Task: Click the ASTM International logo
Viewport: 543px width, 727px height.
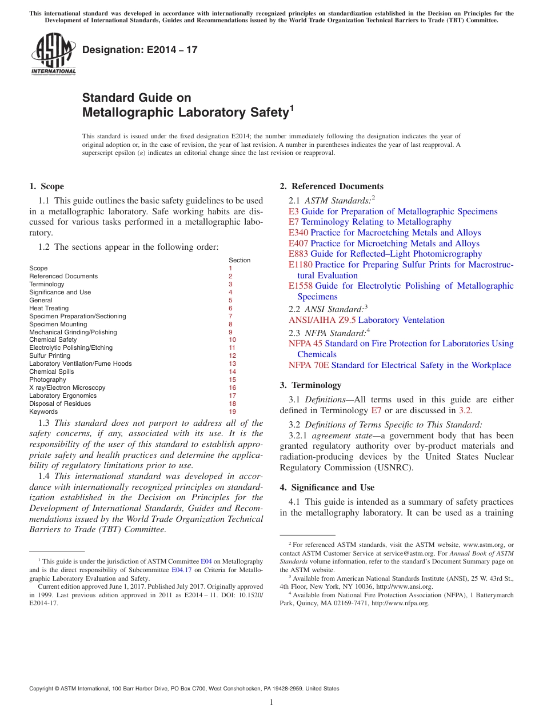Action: click(53, 54)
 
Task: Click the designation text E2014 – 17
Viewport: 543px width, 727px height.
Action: click(140, 50)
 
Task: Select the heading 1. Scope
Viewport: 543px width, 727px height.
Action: click(46, 186)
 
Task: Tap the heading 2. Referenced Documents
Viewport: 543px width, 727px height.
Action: click(332, 186)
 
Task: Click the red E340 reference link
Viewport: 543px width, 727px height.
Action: click(298, 233)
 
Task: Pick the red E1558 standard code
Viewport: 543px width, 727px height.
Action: click(301, 286)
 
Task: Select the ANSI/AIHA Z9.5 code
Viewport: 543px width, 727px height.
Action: click(322, 320)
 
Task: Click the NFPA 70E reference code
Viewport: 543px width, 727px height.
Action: click(309, 365)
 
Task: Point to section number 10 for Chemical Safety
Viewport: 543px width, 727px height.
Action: click(232, 340)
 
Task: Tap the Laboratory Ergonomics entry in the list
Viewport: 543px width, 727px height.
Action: click(63, 396)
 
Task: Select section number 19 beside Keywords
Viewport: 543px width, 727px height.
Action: click(232, 412)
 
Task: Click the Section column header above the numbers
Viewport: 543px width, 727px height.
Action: click(239, 260)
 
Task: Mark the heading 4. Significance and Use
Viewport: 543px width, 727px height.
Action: click(327, 488)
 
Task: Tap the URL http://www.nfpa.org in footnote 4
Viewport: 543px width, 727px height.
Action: click(400, 604)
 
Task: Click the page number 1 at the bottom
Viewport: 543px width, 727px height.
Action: click(271, 702)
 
